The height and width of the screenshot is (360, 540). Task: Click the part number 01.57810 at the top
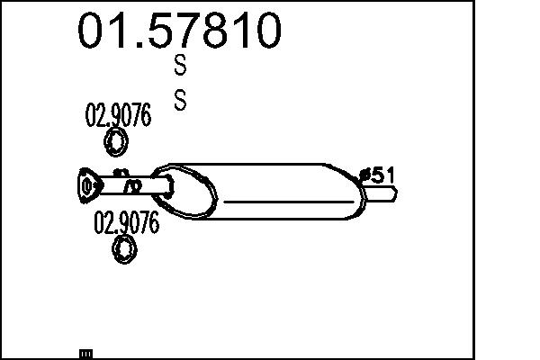point(179,31)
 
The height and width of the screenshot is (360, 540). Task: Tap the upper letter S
point(180,65)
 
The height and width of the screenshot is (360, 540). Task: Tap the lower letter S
point(180,100)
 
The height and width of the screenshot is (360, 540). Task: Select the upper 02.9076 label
point(118,114)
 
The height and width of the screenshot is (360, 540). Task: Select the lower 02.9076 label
point(126,222)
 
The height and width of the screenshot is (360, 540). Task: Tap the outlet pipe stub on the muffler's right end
point(380,193)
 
